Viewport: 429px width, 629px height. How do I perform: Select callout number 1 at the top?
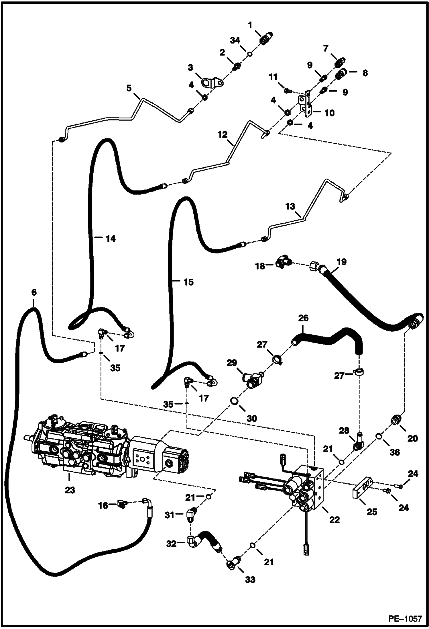coord(250,26)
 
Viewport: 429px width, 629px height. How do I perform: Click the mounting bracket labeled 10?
coord(306,105)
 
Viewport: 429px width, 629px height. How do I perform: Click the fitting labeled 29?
coord(252,379)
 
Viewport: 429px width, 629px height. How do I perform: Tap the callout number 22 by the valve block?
coord(334,519)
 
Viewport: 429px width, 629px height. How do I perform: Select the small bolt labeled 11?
coord(287,91)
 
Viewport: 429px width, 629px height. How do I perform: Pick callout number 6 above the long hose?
coord(34,292)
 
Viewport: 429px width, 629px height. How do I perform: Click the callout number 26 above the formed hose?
coord(303,318)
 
